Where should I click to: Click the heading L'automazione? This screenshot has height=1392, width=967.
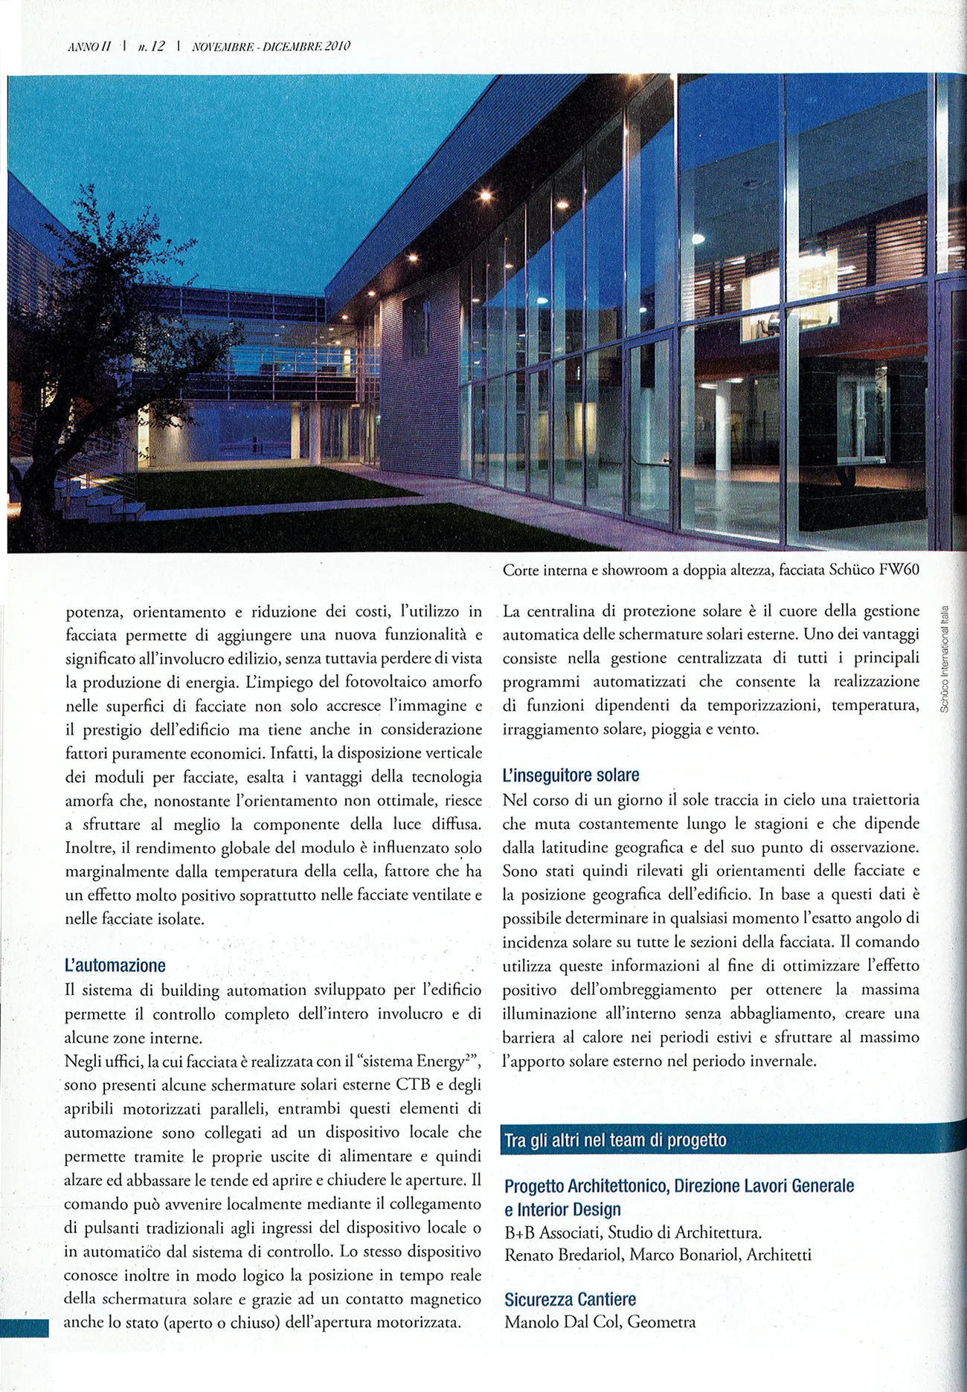point(115,966)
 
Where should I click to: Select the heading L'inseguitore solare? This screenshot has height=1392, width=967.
point(571,776)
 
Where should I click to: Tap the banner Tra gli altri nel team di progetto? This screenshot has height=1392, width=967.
point(615,1141)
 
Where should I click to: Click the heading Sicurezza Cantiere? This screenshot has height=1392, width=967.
point(570,1299)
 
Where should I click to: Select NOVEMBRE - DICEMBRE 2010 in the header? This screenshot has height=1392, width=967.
point(271,46)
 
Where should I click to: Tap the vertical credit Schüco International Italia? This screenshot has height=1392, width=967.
point(944,659)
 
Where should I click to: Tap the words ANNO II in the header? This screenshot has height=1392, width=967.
point(89,46)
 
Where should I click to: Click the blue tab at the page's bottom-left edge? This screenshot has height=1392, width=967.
point(24,1327)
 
